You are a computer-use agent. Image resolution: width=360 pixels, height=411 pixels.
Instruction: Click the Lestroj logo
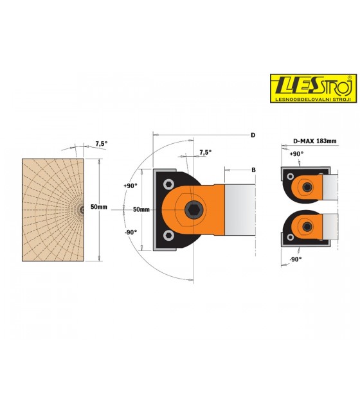pyautogui.click(x=313, y=88)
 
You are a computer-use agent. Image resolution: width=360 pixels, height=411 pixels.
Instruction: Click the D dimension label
pyautogui.click(x=253, y=135)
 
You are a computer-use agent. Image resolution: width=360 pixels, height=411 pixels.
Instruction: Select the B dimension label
pyautogui.click(x=253, y=170)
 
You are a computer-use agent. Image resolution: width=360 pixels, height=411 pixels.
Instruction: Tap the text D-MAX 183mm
pyautogui.click(x=314, y=141)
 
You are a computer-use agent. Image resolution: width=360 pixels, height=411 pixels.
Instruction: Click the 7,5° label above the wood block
pyautogui.click(x=102, y=144)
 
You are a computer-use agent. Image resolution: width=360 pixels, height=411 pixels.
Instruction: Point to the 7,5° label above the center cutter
pyautogui.click(x=206, y=152)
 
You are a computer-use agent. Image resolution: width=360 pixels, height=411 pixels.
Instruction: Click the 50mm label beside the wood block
pyautogui.click(x=99, y=207)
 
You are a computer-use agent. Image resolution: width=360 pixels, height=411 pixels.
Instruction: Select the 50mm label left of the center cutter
pyautogui.click(x=141, y=209)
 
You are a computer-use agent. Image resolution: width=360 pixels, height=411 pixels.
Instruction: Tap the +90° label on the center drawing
pyautogui.click(x=130, y=186)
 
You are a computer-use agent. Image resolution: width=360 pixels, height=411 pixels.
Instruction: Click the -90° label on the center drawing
pyautogui.click(x=130, y=232)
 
